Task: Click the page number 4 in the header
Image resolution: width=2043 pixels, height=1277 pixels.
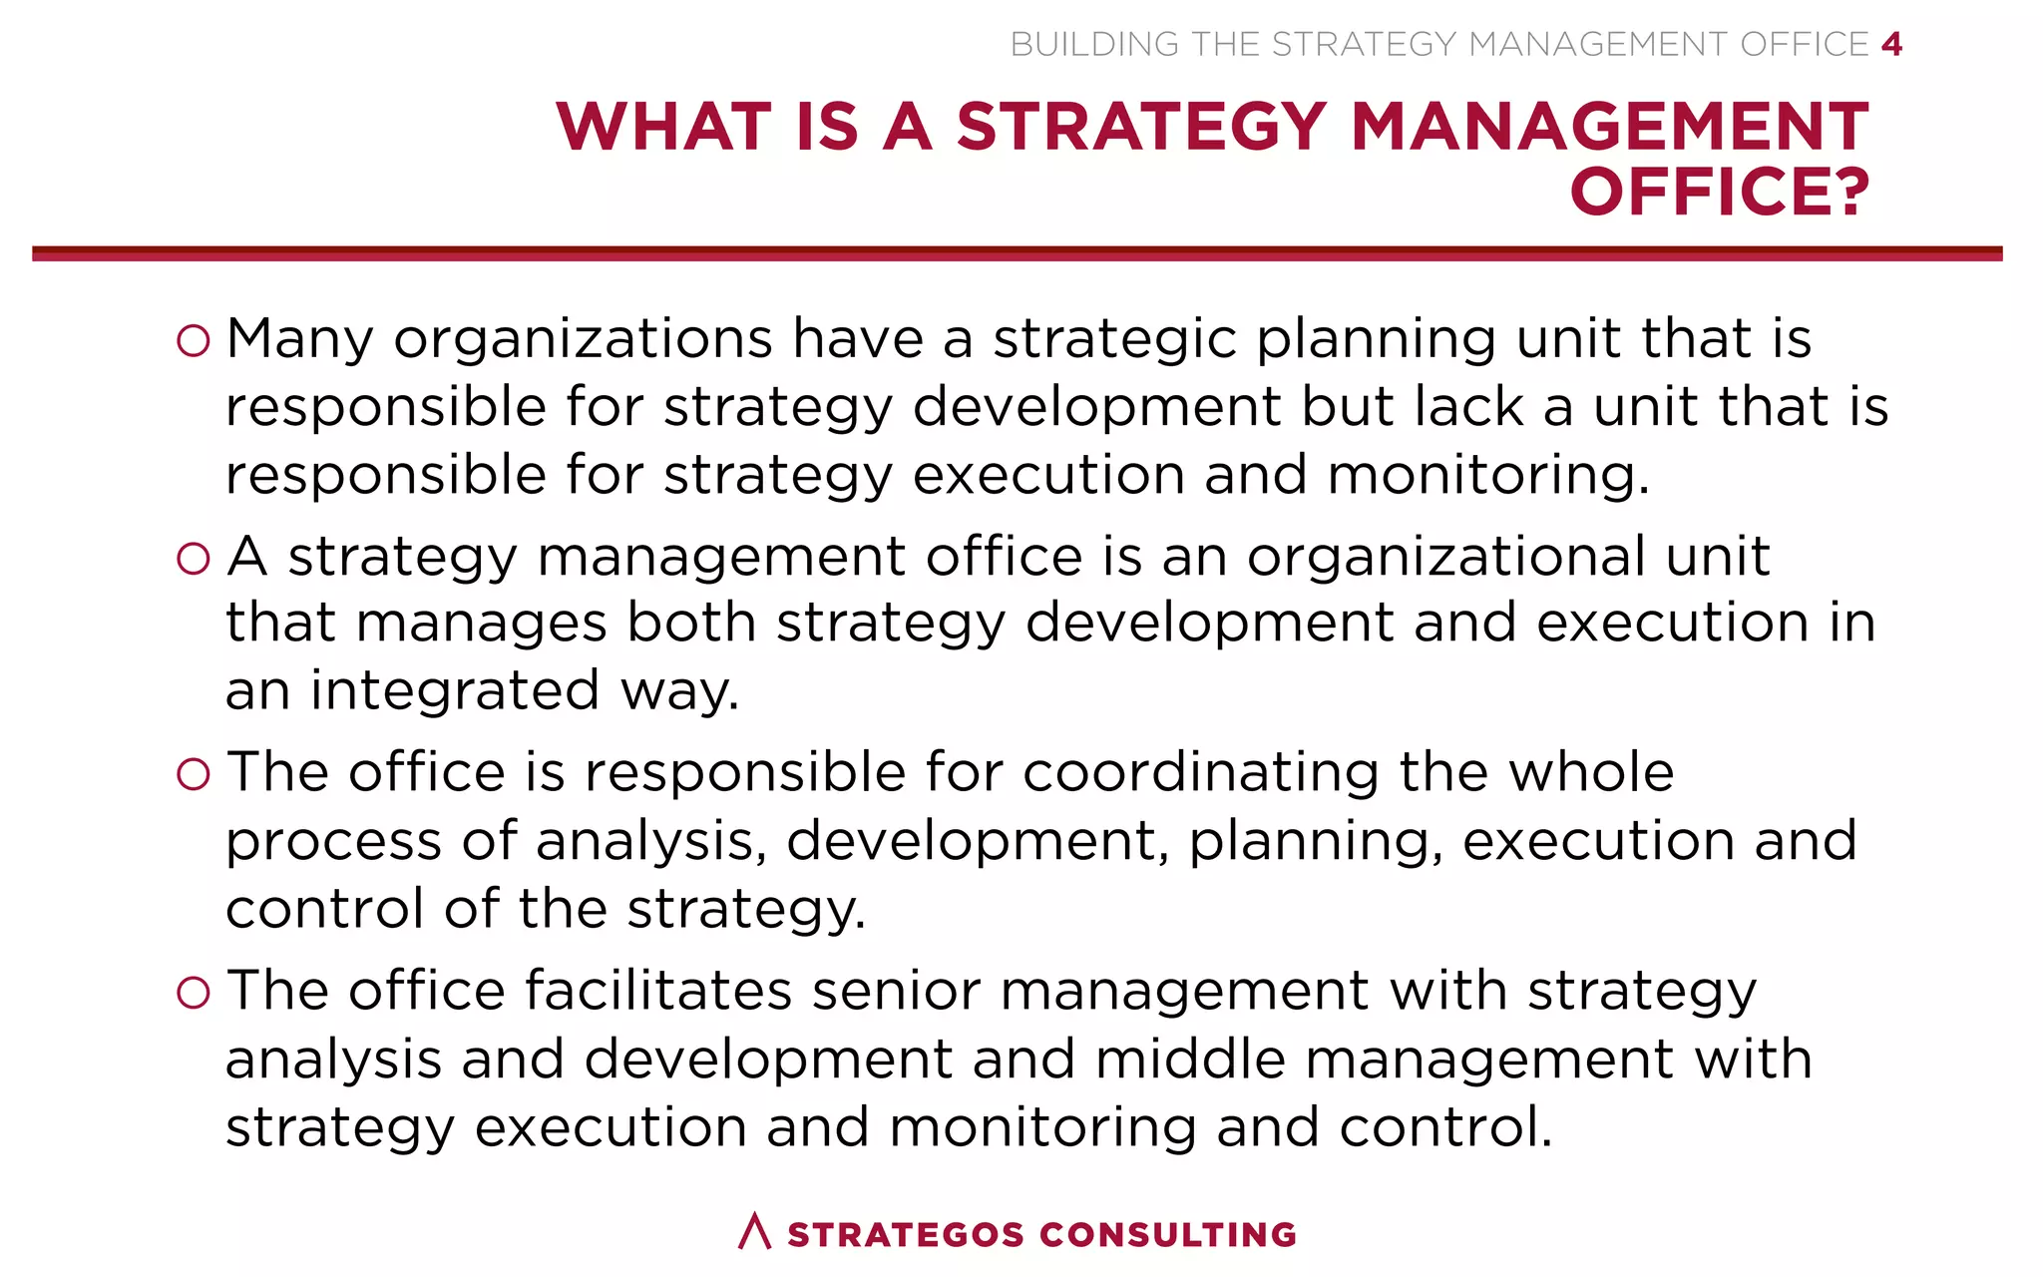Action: pyautogui.click(x=1891, y=45)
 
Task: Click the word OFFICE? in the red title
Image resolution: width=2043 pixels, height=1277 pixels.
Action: pyautogui.click(x=1719, y=192)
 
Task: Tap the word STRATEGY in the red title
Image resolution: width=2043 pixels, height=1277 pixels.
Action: pyautogui.click(x=1140, y=127)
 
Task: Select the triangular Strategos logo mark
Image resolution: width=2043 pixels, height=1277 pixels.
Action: pyautogui.click(x=755, y=1231)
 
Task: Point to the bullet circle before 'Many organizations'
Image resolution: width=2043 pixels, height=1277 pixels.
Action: pyautogui.click(x=193, y=341)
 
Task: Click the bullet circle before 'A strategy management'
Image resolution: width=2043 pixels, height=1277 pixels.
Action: pyautogui.click(x=193, y=559)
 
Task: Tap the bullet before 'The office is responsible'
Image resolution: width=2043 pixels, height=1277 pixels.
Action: pyautogui.click(x=193, y=775)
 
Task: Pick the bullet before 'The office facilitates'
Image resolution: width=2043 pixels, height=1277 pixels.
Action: pyautogui.click(x=193, y=993)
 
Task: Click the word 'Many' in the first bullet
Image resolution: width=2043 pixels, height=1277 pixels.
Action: pyautogui.click(x=299, y=339)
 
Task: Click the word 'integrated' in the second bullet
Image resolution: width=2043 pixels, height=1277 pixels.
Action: pyautogui.click(x=454, y=690)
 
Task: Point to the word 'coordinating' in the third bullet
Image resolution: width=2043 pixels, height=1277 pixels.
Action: pyautogui.click(x=1200, y=773)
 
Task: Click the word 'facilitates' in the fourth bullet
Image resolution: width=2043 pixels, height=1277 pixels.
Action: pyautogui.click(x=658, y=991)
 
